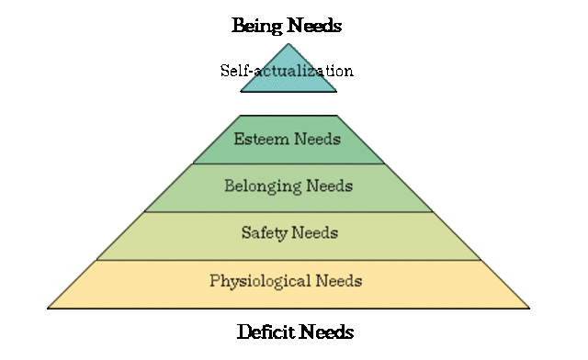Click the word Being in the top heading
pos(255,26)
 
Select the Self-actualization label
pos(287,71)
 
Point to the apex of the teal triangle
pos(288,44)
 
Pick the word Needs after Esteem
pos(318,140)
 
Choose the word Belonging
pos(260,186)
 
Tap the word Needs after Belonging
pos(330,186)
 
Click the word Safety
pos(264,232)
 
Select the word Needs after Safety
pos(315,232)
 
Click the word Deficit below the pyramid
pos(266,332)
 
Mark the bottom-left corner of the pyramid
pos(49,307)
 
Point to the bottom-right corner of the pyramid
pos(529,307)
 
